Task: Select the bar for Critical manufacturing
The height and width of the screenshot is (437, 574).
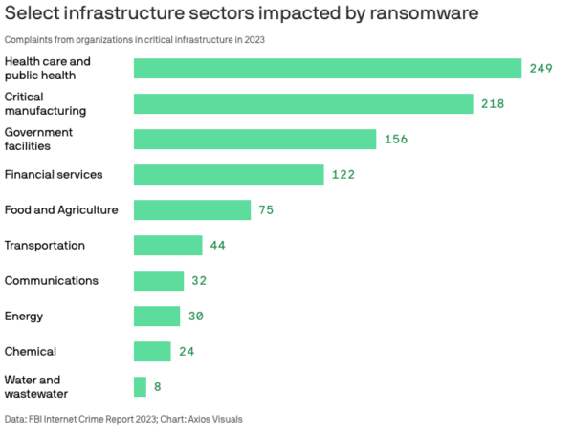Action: coord(303,103)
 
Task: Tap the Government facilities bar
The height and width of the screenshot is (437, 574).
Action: coord(254,139)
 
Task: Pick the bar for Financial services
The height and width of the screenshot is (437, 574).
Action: coord(229,174)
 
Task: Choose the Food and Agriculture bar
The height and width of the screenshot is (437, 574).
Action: coord(191,209)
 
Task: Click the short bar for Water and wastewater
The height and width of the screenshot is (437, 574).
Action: coord(140,386)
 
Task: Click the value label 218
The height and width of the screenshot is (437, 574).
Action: coord(492,103)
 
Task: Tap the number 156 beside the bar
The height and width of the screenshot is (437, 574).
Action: coord(395,139)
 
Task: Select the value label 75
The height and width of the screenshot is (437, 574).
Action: coord(266,209)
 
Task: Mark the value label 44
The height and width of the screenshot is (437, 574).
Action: coord(217,246)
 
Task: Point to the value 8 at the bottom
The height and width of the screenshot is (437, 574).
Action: coord(158,386)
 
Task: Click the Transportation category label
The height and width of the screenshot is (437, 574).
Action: coord(45,246)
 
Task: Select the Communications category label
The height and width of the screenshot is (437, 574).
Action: coord(52,281)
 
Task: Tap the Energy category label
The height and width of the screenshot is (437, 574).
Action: coord(24,316)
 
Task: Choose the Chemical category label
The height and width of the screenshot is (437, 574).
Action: coord(31,351)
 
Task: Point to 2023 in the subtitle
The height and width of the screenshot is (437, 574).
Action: coord(254,39)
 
